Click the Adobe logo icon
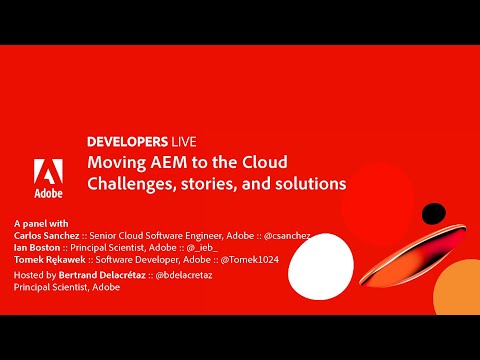click(50, 171)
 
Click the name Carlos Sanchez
click(50, 235)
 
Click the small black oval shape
click(433, 212)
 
